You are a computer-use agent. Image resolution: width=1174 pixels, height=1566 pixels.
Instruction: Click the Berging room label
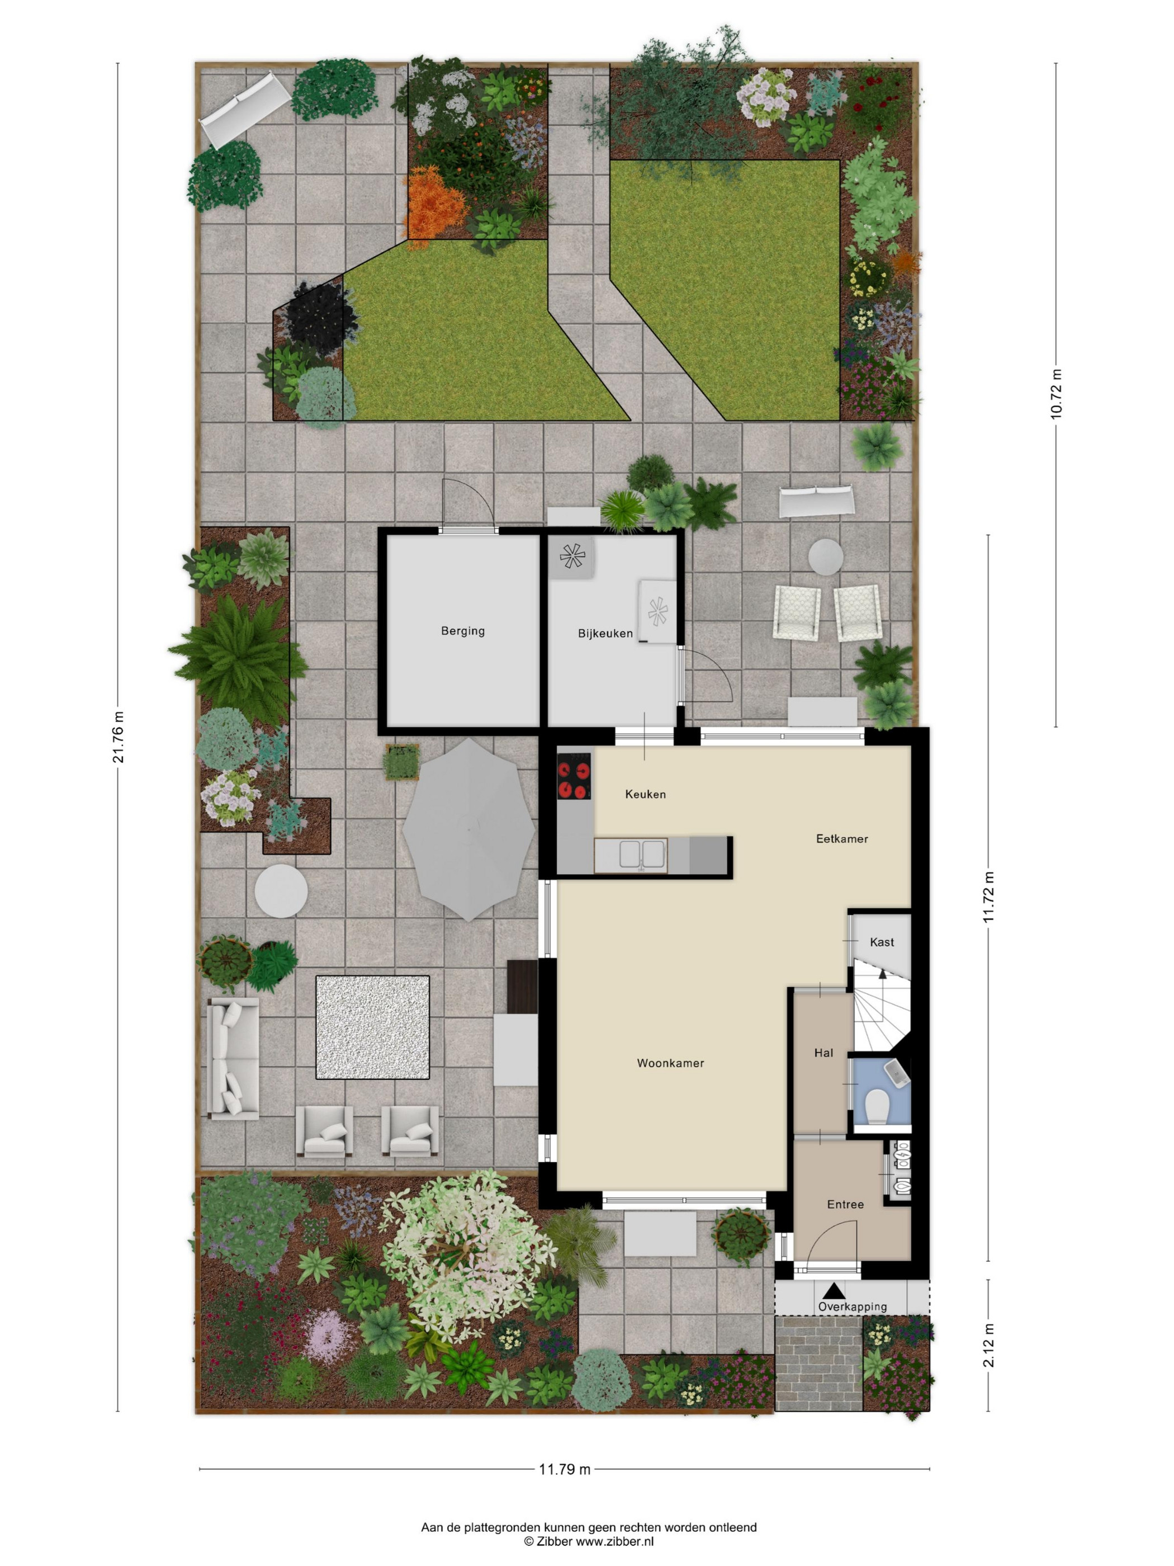tap(463, 631)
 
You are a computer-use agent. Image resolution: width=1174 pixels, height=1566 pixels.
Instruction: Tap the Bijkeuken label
tap(605, 634)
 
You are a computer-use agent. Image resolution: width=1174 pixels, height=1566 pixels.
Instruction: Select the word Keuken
tap(645, 794)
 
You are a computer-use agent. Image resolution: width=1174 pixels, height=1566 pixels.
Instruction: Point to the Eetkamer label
tap(842, 839)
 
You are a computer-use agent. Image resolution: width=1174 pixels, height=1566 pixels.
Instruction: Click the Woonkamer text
tap(670, 1063)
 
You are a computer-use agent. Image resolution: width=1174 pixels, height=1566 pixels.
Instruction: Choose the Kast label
tap(882, 942)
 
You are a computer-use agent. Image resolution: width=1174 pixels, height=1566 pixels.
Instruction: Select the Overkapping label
tap(853, 1307)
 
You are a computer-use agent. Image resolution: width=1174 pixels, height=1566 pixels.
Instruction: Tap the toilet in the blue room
tap(878, 1106)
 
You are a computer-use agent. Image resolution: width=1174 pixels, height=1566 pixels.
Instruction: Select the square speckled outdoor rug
tap(372, 1027)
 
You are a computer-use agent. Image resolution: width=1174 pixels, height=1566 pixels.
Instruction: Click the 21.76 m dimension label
tap(119, 737)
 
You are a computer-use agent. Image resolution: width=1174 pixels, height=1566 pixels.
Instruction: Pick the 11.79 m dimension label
tap(565, 1469)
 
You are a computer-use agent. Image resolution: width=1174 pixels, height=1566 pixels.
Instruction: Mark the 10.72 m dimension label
tap(1057, 394)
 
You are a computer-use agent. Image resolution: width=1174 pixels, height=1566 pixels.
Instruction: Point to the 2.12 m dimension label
tap(988, 1346)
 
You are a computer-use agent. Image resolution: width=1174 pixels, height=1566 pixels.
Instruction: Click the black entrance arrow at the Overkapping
tap(834, 1291)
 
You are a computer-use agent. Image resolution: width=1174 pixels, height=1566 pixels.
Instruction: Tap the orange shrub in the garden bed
tap(437, 202)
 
